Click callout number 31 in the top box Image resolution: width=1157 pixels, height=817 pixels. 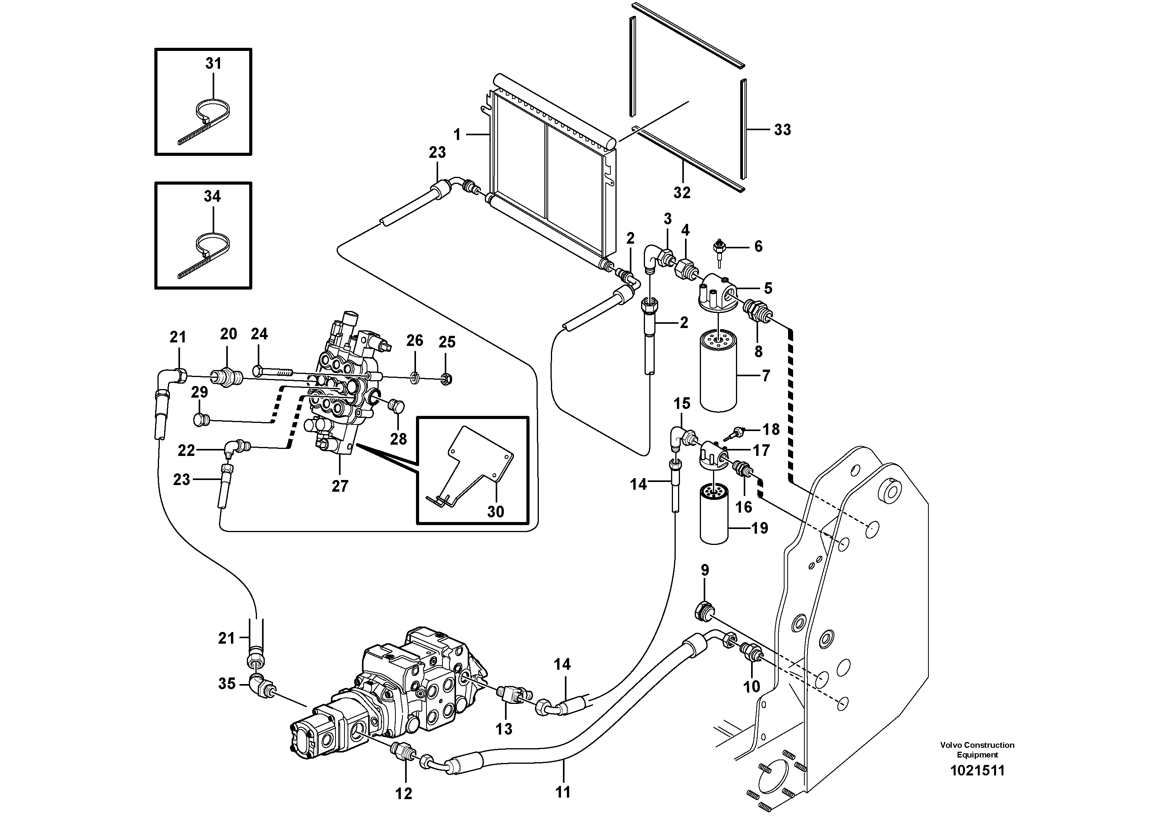(x=213, y=63)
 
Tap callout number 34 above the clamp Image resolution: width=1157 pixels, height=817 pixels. (x=212, y=196)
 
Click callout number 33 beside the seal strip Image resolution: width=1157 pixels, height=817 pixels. (x=782, y=130)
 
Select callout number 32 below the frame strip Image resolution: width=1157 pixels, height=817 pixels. (x=682, y=192)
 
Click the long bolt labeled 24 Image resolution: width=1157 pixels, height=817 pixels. (x=272, y=372)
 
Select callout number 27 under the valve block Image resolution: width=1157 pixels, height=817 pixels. (x=340, y=486)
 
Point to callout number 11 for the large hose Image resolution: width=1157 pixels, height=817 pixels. (x=563, y=792)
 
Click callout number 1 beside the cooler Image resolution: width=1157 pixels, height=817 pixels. (x=457, y=134)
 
